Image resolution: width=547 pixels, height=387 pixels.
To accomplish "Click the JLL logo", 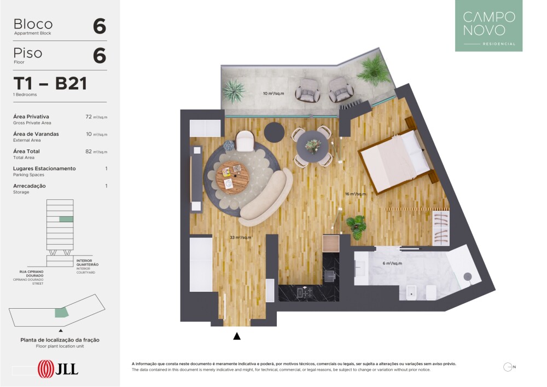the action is [x=58, y=369].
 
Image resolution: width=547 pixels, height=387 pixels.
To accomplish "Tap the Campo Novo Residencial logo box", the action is [x=488, y=26].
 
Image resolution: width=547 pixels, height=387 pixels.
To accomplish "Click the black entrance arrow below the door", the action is [x=237, y=336].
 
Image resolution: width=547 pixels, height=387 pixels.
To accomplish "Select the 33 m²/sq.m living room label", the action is [x=240, y=238].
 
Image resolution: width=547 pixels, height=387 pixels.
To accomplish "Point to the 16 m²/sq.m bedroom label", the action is [x=356, y=194].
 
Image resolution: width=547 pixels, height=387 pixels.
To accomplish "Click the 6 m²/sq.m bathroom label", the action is [x=392, y=263].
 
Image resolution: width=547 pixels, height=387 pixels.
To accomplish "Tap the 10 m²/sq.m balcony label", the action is [x=273, y=93].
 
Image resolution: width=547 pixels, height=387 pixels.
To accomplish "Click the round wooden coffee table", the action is [x=232, y=177].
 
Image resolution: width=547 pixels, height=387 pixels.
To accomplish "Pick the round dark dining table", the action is [x=312, y=146].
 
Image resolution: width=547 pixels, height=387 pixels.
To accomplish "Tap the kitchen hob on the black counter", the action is [x=304, y=293].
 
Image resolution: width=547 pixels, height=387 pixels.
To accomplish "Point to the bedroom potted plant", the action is [x=356, y=227].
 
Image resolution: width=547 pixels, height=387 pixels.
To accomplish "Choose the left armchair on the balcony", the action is [x=307, y=90].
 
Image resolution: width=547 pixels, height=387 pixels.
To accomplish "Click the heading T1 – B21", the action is [x=50, y=83].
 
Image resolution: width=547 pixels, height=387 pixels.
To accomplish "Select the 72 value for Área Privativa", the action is [x=89, y=117].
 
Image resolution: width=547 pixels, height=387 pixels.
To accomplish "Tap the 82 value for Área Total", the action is [x=89, y=151].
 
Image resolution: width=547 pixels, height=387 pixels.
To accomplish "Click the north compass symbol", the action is [x=509, y=367].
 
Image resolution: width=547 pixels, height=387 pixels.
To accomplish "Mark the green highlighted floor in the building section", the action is [x=66, y=219].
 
